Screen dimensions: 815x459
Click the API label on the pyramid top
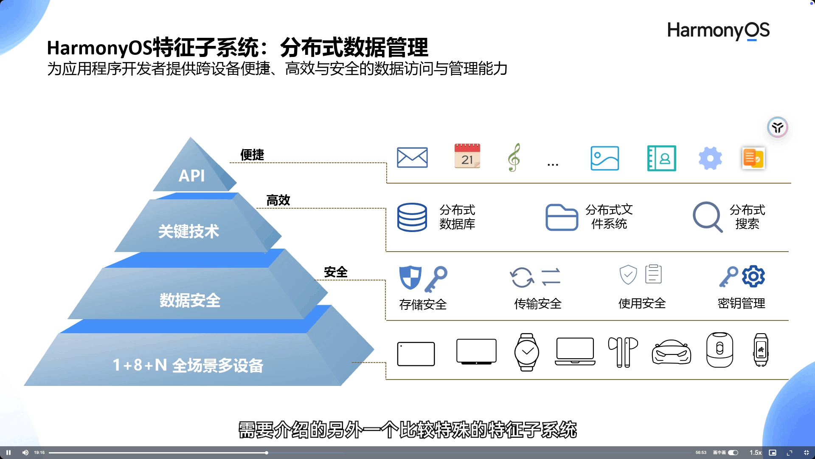coord(191,176)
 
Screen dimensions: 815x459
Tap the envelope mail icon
coord(412,158)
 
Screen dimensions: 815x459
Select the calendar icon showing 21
coord(467,156)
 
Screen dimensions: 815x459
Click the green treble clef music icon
coord(514,157)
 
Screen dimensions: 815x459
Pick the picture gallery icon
coord(604,158)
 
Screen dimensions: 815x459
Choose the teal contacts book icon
coord(661,158)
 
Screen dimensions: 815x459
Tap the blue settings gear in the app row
coord(710,158)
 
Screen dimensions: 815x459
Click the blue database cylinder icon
coord(412,217)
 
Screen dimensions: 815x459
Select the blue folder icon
coord(561,217)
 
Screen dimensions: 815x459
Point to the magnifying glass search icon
coord(707,217)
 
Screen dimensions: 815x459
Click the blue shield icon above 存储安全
coord(410,277)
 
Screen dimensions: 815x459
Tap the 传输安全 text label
coord(537,304)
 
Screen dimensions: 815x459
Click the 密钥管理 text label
coord(741,303)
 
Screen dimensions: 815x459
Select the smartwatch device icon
coord(526,352)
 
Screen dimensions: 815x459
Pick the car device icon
coord(671,352)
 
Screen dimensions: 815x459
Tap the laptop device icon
coord(575,351)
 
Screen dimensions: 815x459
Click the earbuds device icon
coord(623,352)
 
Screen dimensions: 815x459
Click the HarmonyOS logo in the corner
coord(718,31)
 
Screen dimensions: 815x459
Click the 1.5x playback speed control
coord(755,453)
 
